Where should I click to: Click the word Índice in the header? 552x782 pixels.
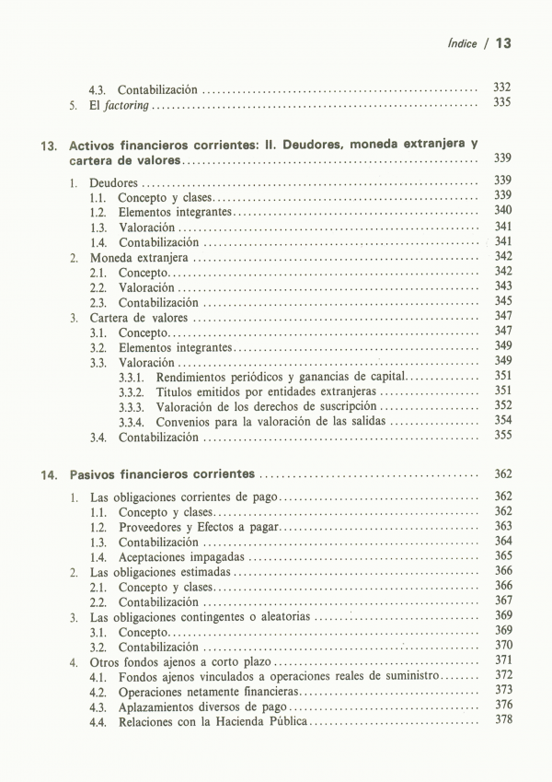pyautogui.click(x=464, y=43)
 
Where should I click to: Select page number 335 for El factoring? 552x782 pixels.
pyautogui.click(x=501, y=104)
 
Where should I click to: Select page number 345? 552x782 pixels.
pyautogui.click(x=501, y=301)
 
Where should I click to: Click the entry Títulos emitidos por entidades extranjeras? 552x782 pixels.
pyautogui.click(x=260, y=391)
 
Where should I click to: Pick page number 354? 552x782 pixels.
pyautogui.click(x=501, y=420)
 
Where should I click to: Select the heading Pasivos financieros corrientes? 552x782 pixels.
pyautogui.click(x=162, y=475)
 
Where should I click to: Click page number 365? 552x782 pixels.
pyautogui.click(x=501, y=555)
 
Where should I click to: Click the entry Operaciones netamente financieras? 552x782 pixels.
pyautogui.click(x=209, y=691)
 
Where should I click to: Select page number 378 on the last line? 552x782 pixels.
pyautogui.click(x=501, y=719)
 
